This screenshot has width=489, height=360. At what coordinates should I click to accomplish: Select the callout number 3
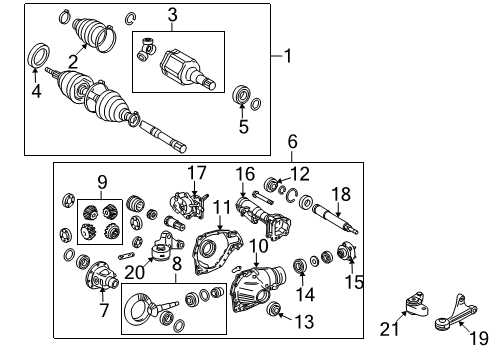(172, 14)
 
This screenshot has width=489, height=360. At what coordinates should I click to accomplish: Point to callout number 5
(241, 126)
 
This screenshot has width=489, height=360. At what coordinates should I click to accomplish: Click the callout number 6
(292, 143)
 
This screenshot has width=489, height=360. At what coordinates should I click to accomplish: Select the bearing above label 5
(240, 97)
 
